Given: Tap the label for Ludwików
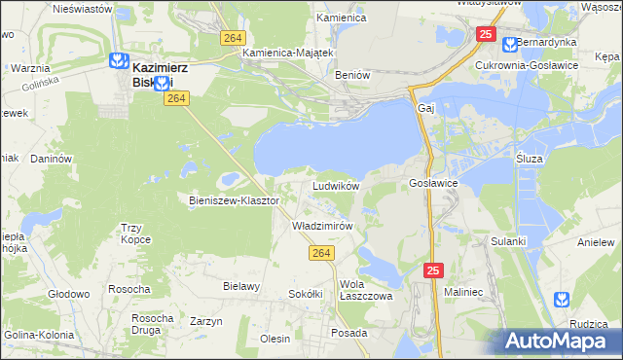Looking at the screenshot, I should pyautogui.click(x=336, y=185).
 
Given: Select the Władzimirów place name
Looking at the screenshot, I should pyautogui.click(x=321, y=225).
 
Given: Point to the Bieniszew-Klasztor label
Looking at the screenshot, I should pyautogui.click(x=234, y=200).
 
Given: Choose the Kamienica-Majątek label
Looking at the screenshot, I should pyautogui.click(x=288, y=53).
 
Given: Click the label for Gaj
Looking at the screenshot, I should pyautogui.click(x=424, y=107).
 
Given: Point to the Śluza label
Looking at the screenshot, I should pyautogui.click(x=528, y=157).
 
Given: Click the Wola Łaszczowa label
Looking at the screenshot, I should pyautogui.click(x=365, y=290).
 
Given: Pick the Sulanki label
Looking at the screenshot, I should pyautogui.click(x=508, y=239).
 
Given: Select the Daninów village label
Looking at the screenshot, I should pyautogui.click(x=53, y=158).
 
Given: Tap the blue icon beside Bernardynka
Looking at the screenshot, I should pyautogui.click(x=509, y=44).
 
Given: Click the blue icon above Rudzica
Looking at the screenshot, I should pyautogui.click(x=562, y=299).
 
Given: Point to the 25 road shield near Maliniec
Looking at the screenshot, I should pyautogui.click(x=432, y=270).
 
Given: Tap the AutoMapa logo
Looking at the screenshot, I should pyautogui.click(x=561, y=341).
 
